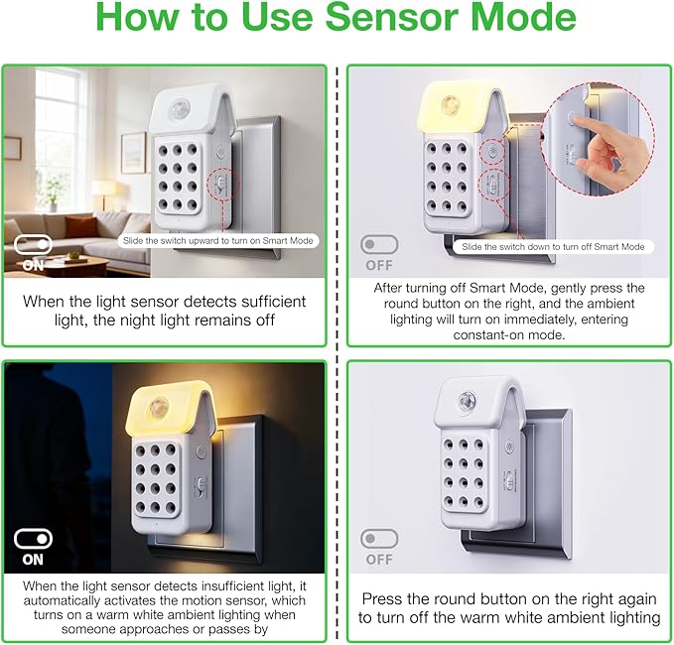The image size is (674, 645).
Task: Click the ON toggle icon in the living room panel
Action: pos(33,244)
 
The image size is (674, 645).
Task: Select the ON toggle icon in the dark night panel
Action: pos(33,539)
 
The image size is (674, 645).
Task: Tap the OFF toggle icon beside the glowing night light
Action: pos(379,244)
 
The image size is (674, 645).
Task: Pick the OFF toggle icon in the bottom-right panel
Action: pos(379,539)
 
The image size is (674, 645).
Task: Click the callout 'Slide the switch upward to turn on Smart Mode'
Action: pos(218,241)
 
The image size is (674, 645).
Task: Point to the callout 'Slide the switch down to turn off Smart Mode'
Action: pos(553,247)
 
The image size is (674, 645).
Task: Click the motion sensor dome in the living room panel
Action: pos(178,108)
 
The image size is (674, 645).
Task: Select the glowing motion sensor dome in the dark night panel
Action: pos(159,408)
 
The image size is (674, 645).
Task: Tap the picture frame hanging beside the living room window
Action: pos(133,153)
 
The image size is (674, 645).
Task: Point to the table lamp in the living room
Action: pos(102,194)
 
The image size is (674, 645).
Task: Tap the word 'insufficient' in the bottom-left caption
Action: pos(235,586)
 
